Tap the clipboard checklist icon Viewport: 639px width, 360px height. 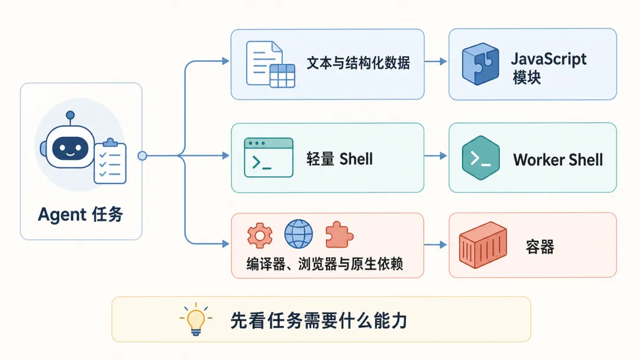point(110,161)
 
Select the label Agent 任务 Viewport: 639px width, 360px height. point(80,214)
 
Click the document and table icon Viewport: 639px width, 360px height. point(270,64)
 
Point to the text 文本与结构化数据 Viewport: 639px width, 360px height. point(358,63)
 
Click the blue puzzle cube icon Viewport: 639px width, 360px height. point(480,63)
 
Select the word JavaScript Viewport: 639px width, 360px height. point(548,60)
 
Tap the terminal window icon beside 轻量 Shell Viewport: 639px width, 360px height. point(269,157)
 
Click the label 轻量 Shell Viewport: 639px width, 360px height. point(340,159)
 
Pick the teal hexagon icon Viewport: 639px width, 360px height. point(481,157)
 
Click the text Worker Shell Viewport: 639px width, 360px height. point(558,160)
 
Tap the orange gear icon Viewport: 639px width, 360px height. point(260,235)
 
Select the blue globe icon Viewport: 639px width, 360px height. point(299,234)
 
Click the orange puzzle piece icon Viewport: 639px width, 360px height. point(339,235)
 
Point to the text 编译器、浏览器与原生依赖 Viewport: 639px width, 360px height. point(325,264)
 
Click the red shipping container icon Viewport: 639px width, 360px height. point(483,245)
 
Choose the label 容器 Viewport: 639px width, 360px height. point(540,247)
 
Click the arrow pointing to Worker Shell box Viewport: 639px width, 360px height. point(435,156)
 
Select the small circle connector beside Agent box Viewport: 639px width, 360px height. point(142,156)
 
